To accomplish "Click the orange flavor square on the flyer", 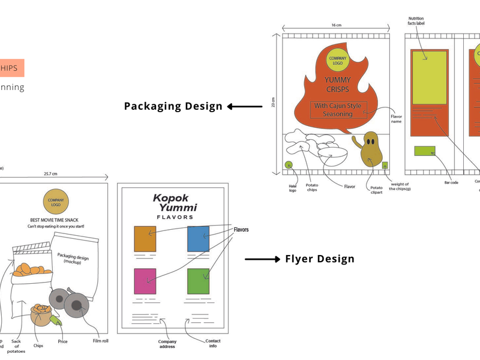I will coord(145,239).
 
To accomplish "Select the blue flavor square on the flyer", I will coord(198,239).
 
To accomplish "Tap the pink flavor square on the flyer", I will coord(145,281).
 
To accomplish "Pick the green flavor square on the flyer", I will coord(198,281).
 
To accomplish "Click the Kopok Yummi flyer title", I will coord(175,203).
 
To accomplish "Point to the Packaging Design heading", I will coord(173,106).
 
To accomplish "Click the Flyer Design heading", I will coord(319,259).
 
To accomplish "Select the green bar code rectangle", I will coord(425,152).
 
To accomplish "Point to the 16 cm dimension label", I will coord(336,26).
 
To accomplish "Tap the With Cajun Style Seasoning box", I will coord(338,110).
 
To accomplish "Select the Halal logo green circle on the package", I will coord(289,165).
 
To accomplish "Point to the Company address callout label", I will coord(167,344).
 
